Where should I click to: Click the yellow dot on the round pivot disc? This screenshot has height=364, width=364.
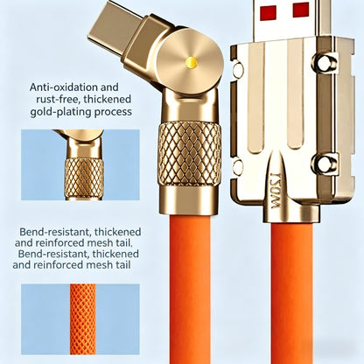point(191,61)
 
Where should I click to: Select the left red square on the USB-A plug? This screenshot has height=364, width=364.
point(269,12)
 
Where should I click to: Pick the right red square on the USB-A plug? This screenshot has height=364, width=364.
point(301,10)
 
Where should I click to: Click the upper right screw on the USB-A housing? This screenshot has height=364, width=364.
point(325,63)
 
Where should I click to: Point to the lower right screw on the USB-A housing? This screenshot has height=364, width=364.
point(325,164)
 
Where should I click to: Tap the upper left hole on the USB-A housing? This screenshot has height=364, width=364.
point(238,69)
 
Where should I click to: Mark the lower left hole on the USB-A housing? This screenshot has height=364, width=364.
point(238,167)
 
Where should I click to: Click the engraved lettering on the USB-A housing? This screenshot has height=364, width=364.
point(275,190)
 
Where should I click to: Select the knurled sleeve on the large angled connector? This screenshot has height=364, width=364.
point(189,154)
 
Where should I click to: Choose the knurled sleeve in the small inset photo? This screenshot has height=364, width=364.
point(84,178)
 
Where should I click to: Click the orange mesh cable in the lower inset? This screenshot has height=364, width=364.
point(83,319)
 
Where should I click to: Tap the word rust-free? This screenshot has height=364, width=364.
point(58,99)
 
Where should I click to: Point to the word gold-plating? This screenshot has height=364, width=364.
point(60,112)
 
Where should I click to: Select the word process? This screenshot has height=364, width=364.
point(113,112)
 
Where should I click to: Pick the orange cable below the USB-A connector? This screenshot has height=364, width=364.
point(291,293)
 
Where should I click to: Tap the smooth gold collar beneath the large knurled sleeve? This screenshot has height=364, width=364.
point(188,200)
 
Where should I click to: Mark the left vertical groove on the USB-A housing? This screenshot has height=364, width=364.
point(255,96)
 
